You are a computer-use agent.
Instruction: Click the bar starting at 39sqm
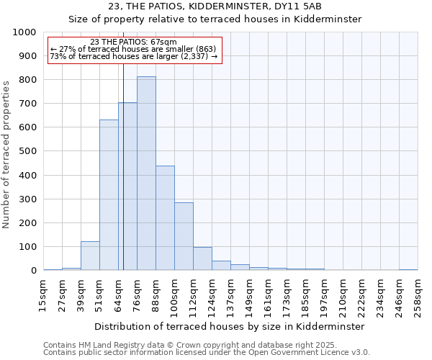(90, 256)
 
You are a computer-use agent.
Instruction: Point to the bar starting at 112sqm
(202, 258)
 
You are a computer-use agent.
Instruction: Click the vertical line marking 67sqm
(123, 166)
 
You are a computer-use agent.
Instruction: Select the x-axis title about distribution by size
(230, 326)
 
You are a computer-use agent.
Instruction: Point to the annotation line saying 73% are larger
(133, 57)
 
